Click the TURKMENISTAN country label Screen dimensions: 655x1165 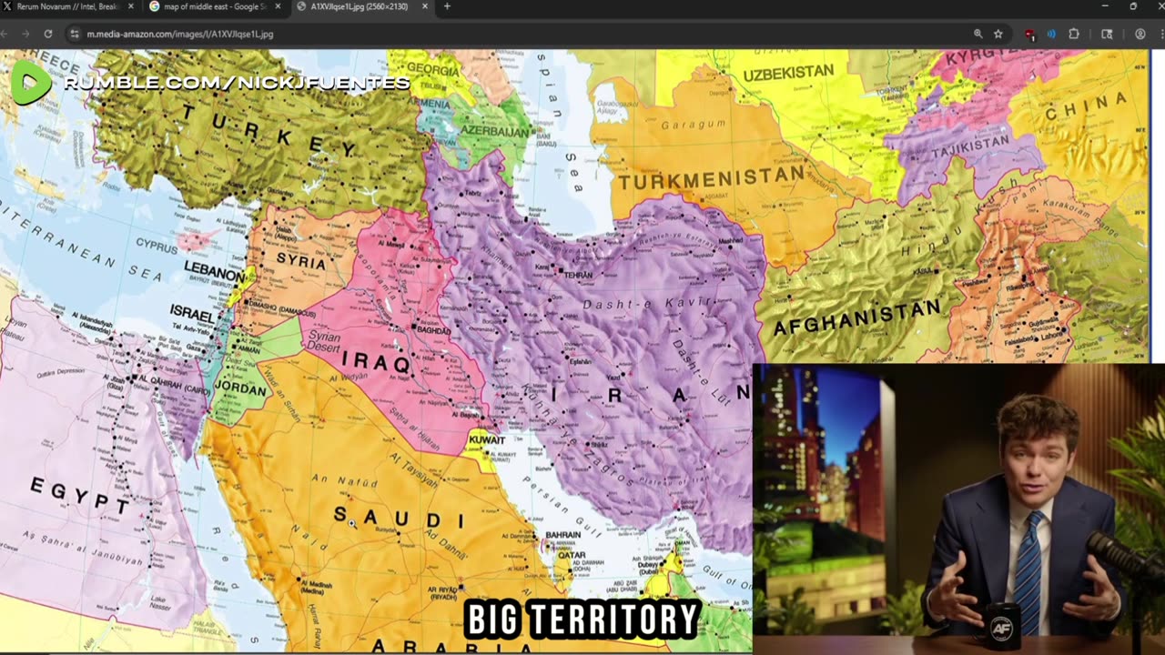pos(712,177)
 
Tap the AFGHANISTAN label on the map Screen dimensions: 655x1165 pos(856,318)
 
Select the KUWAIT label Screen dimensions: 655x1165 pos(487,440)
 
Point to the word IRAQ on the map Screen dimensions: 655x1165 pos(375,360)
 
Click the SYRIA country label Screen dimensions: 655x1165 pos(300,262)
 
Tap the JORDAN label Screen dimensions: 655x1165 pos(239,389)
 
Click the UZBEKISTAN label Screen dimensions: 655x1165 pos(788,72)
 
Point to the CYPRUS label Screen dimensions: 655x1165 pos(157,244)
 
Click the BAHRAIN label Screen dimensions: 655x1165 pos(562,535)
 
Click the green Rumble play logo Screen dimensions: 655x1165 pos(30,84)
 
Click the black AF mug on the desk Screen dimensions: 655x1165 pos(1001,627)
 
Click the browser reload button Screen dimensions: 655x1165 pos(48,34)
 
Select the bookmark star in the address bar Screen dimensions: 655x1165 pos(998,34)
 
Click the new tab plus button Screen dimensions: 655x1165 pos(446,6)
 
